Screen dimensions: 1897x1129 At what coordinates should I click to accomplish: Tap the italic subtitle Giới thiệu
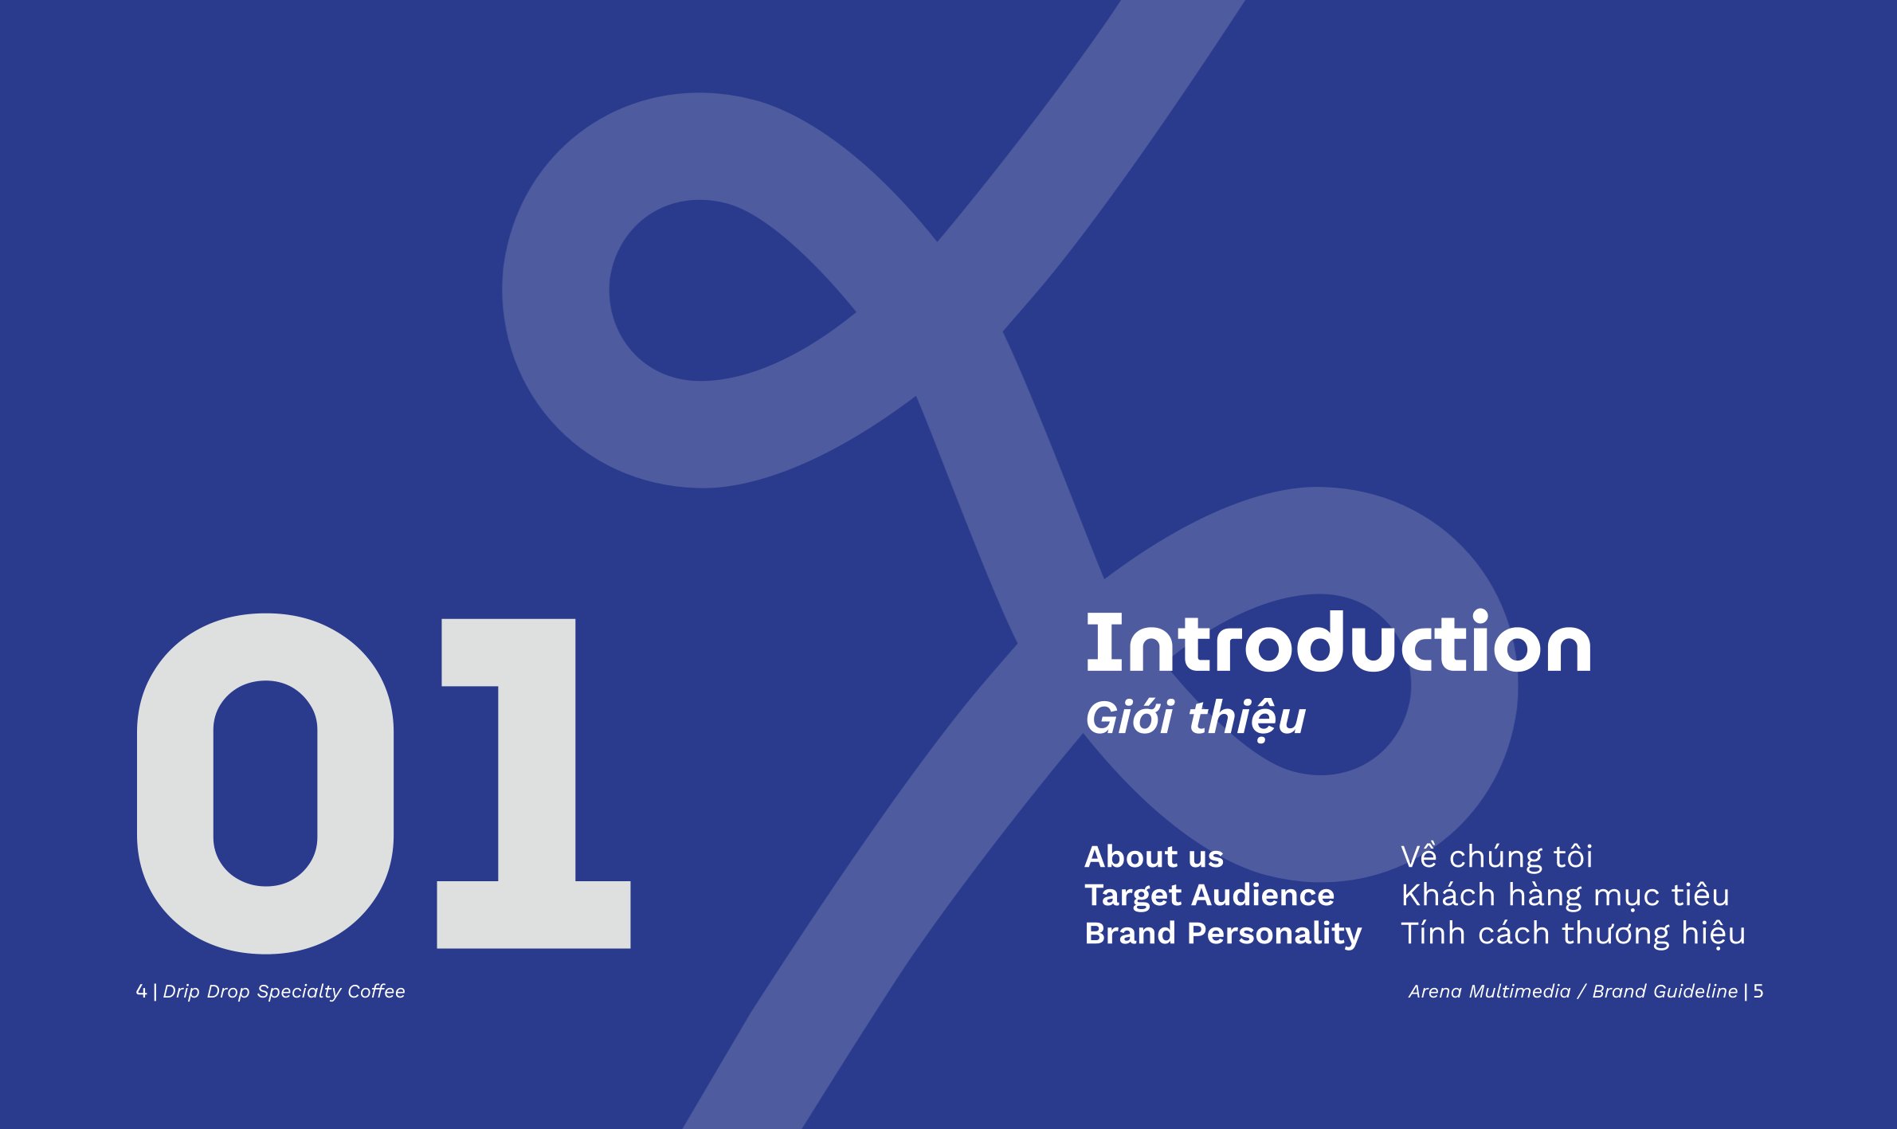1195,719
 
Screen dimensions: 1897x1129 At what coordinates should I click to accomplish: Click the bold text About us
1154,857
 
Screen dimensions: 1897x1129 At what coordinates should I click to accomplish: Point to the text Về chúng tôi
1496,857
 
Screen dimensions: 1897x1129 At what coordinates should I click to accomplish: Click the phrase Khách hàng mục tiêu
1565,896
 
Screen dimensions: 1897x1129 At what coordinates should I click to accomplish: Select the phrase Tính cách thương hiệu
1573,934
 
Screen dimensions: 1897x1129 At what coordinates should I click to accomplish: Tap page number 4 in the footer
141,991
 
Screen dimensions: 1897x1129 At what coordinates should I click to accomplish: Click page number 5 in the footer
1758,991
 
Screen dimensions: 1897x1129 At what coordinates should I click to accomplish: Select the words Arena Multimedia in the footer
1489,991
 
